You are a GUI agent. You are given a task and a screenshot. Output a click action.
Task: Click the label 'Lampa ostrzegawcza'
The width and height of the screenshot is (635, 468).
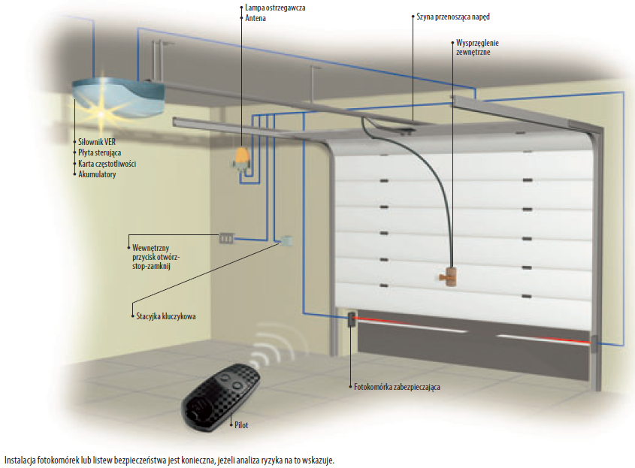click(x=275, y=8)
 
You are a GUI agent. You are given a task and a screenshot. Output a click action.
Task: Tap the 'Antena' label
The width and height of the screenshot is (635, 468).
click(x=256, y=17)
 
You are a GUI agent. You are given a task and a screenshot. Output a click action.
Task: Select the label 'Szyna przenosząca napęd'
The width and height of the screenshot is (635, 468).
click(x=453, y=16)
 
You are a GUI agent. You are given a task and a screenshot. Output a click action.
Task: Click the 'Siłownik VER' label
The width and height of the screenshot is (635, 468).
click(x=98, y=142)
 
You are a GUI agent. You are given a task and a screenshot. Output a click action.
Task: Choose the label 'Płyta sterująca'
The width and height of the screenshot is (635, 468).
click(x=100, y=152)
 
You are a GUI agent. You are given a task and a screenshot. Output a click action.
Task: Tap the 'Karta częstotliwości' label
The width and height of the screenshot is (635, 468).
click(x=107, y=163)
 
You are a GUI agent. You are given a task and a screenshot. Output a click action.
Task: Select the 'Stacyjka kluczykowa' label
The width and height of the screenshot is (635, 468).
click(x=165, y=317)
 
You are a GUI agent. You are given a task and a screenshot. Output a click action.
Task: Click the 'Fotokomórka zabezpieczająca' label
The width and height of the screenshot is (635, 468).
click(x=397, y=387)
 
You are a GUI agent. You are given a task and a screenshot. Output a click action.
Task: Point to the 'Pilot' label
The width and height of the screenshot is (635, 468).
click(x=240, y=425)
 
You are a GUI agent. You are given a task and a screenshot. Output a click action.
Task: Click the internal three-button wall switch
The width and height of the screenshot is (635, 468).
click(x=226, y=239)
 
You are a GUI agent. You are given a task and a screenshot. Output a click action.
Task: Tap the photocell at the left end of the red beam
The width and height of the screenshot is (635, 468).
click(x=351, y=320)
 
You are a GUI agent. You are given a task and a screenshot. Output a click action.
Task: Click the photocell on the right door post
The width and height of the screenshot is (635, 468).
click(x=595, y=344)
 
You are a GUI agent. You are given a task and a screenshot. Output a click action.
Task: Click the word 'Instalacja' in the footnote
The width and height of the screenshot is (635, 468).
click(x=20, y=458)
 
